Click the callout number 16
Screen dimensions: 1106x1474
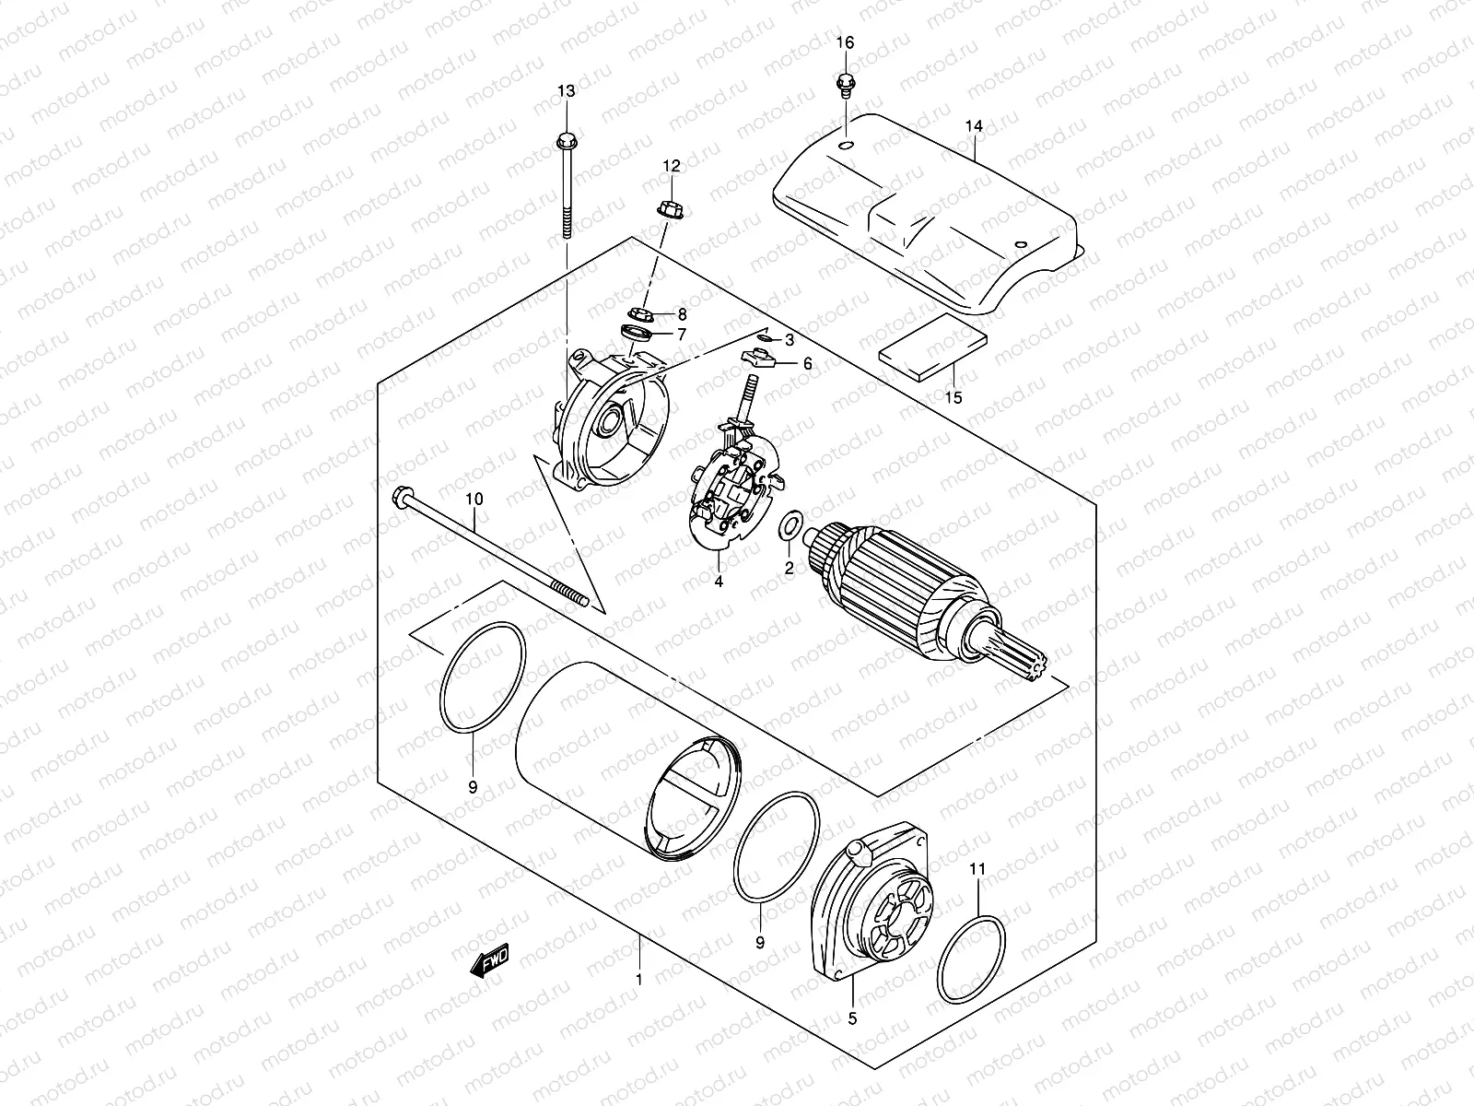tap(845, 43)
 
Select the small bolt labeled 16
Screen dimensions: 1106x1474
tap(842, 85)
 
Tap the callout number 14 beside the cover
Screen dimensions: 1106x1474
tap(975, 125)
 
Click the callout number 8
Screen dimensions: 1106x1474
tap(682, 314)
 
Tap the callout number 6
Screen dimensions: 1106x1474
tap(807, 364)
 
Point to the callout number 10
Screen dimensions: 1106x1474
tap(474, 500)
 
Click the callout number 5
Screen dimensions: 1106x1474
tap(852, 1018)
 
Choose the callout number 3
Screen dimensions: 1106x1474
tap(789, 341)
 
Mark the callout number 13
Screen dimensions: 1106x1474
tap(565, 90)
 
